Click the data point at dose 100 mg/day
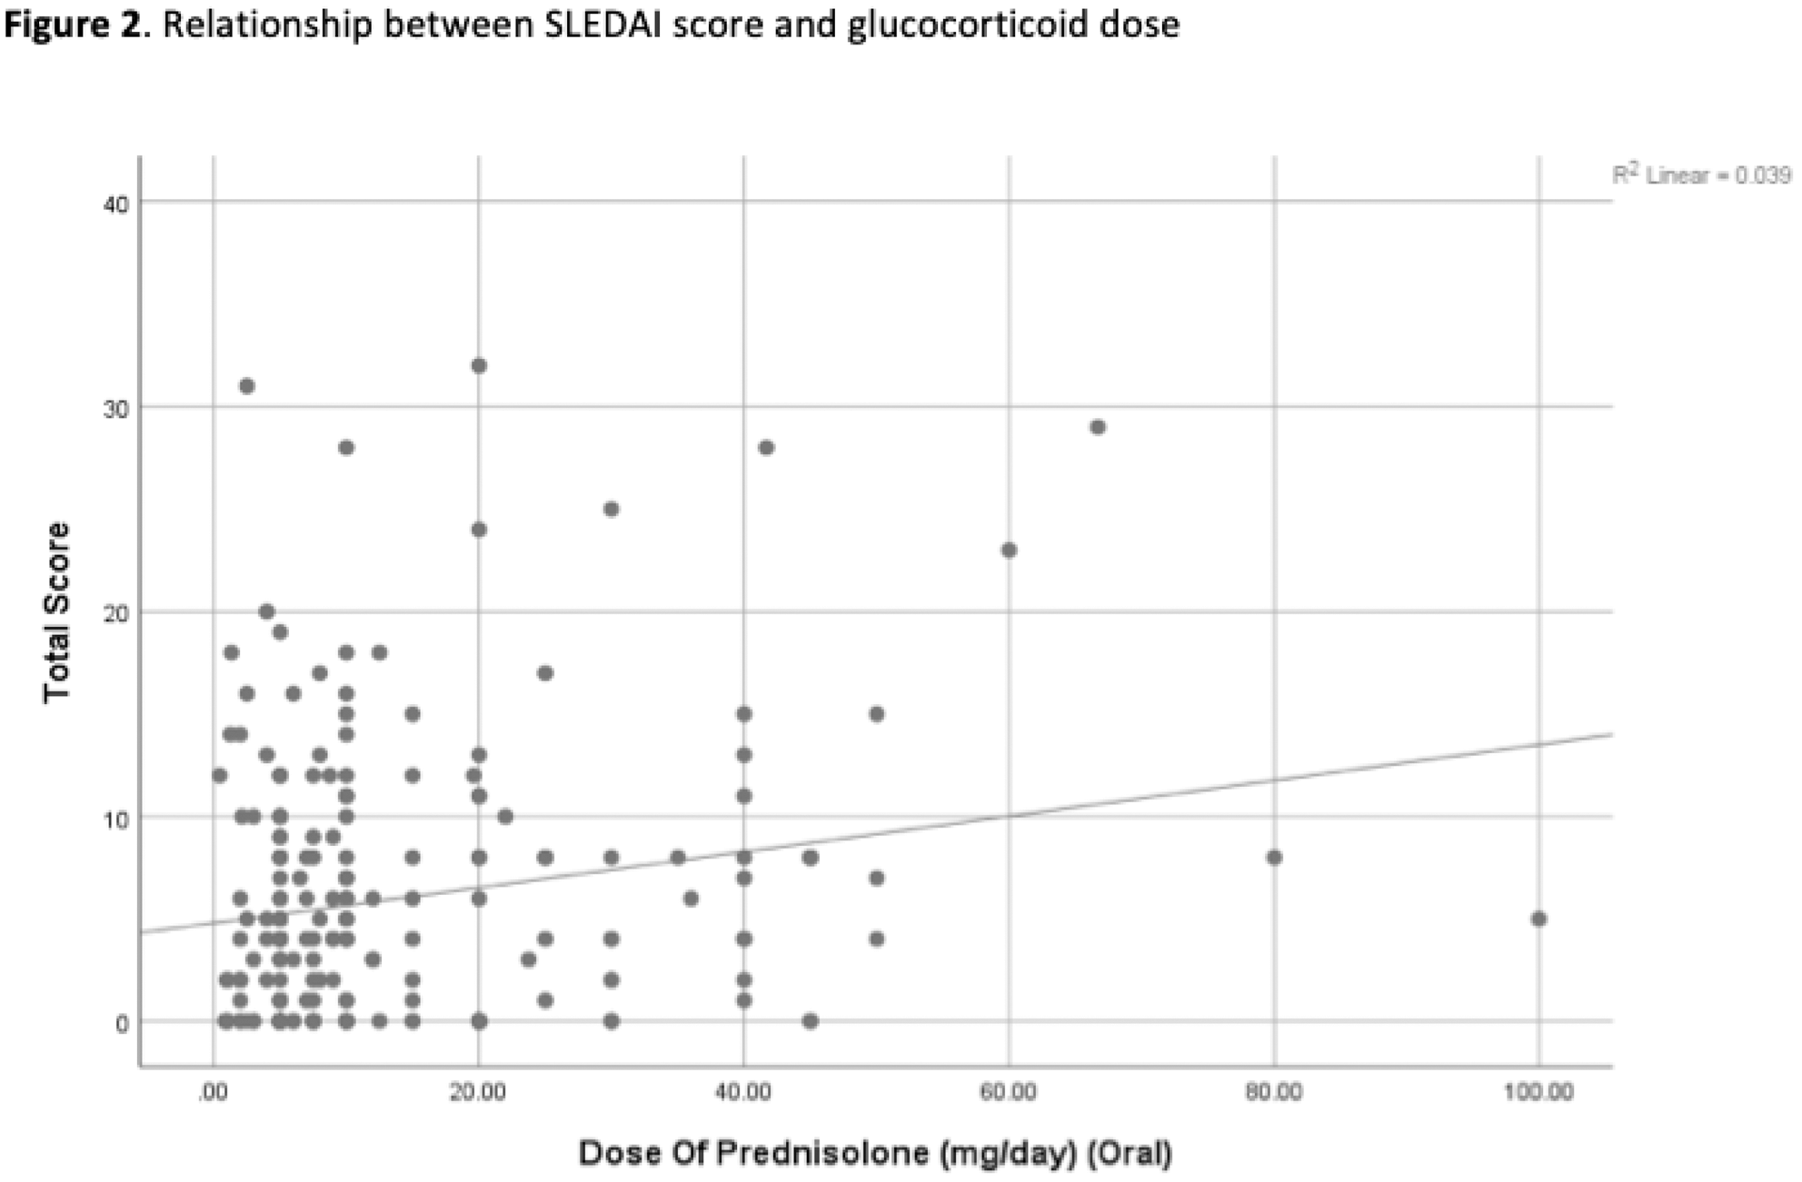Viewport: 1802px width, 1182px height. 1538,919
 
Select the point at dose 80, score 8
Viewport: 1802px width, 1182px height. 1274,857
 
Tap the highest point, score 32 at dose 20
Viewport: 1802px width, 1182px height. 479,366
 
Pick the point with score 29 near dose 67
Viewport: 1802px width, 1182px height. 1098,427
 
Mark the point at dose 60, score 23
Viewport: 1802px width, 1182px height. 1009,550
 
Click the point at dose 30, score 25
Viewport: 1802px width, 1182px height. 612,509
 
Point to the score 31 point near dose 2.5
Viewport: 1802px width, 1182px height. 246,386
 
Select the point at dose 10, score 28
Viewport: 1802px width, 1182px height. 346,447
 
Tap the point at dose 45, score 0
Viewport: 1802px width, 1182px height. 811,1021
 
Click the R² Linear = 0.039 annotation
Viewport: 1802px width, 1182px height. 1701,175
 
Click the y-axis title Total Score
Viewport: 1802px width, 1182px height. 56,611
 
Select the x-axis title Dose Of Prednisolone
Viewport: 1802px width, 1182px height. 874,1154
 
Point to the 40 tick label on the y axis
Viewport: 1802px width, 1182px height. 116,204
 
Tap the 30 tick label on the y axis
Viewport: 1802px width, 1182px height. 116,408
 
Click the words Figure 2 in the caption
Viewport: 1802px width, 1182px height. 74,25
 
